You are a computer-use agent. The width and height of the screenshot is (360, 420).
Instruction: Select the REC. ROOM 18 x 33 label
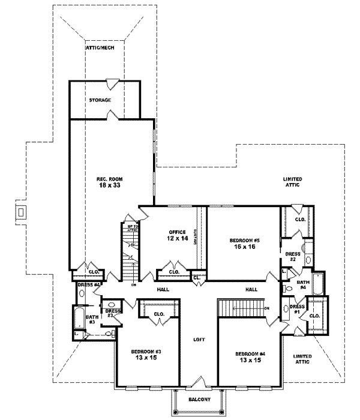click(110, 182)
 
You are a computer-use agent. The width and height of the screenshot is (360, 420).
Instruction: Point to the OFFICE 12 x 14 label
click(178, 235)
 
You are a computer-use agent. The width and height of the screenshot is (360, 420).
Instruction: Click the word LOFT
click(199, 339)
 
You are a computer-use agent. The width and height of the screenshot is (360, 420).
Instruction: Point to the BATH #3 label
click(91, 319)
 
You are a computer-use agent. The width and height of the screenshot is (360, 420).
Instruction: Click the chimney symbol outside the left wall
click(21, 212)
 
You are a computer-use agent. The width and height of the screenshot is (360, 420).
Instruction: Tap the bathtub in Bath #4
click(317, 283)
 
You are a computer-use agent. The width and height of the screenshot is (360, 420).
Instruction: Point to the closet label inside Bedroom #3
click(159, 313)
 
